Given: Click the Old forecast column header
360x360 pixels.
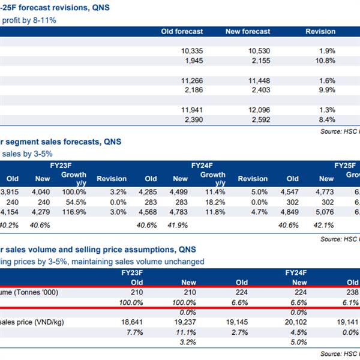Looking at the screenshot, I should click(182, 31).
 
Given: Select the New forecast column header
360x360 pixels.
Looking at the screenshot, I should click(248, 31).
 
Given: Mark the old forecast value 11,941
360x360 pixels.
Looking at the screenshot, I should click(191, 110).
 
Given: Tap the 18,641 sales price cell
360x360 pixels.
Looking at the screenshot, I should click(130, 322).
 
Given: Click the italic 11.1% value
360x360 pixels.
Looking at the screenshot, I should click(187, 332).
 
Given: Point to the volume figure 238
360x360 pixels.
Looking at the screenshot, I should click(353, 292).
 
